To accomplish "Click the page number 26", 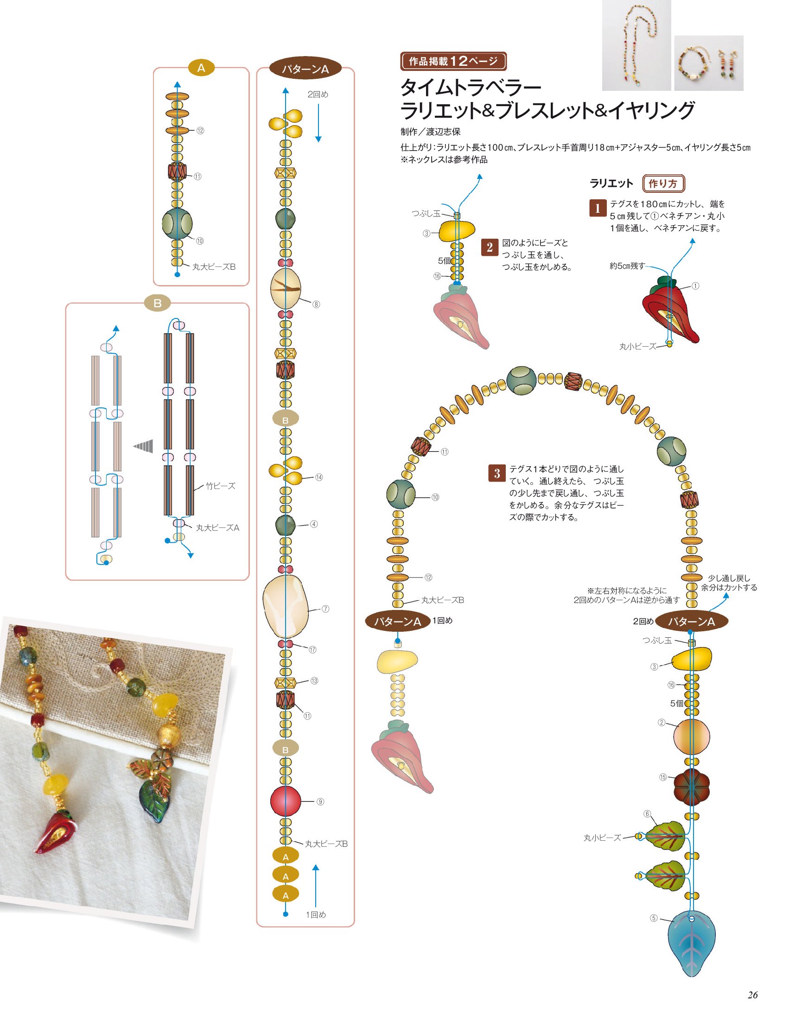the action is [752, 994].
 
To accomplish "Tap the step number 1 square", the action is [597, 208].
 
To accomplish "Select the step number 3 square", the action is [497, 473].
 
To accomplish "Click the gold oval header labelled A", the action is [201, 68].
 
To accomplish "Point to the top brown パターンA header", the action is [305, 69].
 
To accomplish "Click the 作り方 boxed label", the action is [663, 184].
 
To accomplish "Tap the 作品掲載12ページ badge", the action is [453, 61].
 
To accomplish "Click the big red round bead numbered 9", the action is [286, 801].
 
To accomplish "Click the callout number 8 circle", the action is [317, 304].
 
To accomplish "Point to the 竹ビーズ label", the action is [221, 486].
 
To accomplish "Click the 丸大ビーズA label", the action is [217, 527].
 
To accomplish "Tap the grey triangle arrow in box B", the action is [143, 445].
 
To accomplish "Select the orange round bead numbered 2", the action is [692, 736].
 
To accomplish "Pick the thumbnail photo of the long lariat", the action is [636, 45].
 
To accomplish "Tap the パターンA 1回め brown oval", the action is [398, 622].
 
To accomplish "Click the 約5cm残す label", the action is [627, 266].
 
